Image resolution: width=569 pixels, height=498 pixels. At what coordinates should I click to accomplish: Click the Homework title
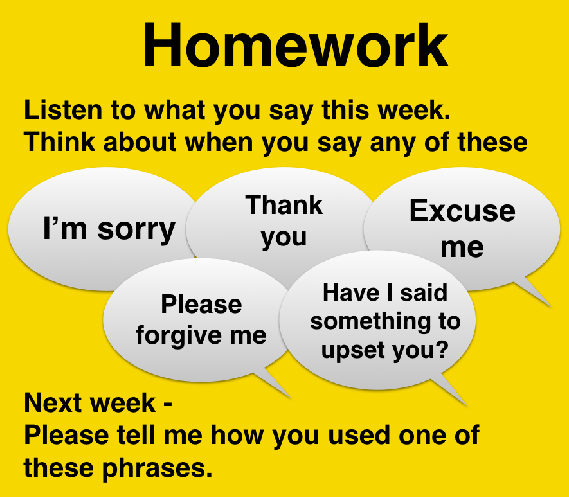(296, 46)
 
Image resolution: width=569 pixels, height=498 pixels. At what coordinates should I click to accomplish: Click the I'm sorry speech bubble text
(109, 229)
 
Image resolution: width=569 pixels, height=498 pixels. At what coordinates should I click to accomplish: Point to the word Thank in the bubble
(284, 205)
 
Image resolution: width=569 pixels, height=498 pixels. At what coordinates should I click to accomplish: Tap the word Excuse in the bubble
(462, 211)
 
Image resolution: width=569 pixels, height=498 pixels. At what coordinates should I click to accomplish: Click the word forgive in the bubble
(176, 335)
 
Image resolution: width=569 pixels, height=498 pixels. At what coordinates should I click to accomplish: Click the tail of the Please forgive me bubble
(276, 383)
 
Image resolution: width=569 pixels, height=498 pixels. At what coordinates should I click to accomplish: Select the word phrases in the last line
(157, 468)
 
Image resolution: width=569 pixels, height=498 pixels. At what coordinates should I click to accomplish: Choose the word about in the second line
(140, 141)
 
